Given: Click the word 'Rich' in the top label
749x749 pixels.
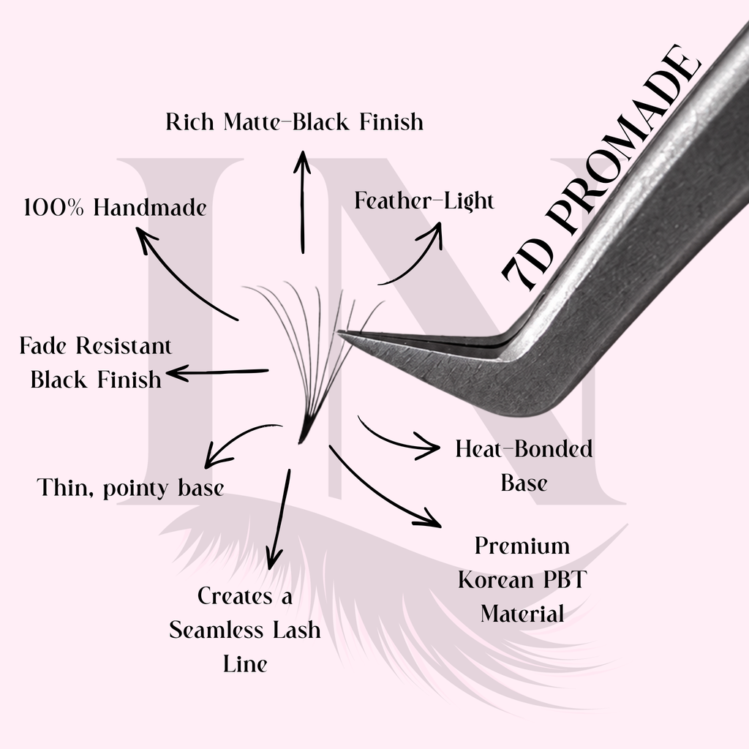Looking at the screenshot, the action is point(189,121).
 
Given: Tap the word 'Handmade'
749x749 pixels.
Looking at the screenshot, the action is point(150,207).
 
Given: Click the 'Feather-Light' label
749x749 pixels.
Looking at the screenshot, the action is point(424,200).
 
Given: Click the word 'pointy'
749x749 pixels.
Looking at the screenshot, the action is point(135,489).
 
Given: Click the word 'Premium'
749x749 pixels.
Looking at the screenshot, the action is point(522,546).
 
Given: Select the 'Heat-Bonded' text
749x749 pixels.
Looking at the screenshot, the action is point(524,448).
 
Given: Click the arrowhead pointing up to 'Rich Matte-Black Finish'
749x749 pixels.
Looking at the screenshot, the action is point(302,161).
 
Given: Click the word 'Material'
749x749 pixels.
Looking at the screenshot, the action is point(522,614).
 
